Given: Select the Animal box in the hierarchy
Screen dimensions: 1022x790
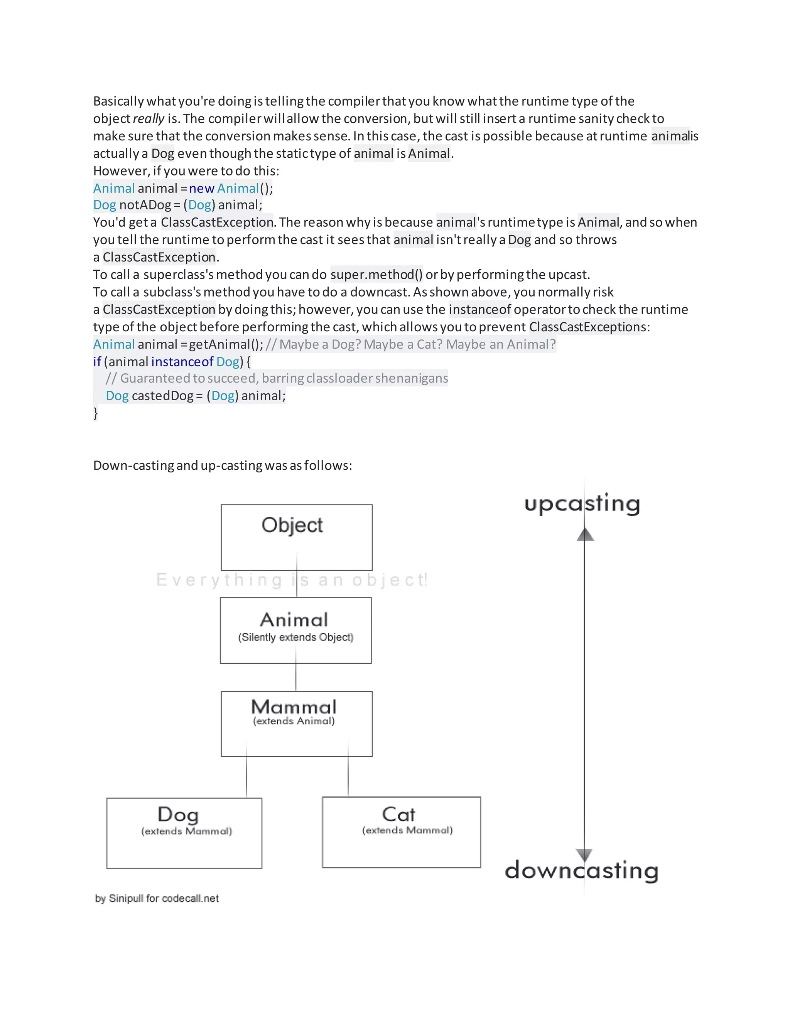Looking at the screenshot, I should (295, 630).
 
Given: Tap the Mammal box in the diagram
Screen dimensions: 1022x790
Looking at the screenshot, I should (296, 723).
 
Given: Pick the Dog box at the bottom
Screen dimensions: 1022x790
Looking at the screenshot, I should (184, 833).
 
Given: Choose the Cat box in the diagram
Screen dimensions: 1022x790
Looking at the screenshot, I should (401, 832).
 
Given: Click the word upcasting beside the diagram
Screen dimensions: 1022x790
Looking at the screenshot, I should (582, 504).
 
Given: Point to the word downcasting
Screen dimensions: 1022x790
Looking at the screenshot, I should (581, 870).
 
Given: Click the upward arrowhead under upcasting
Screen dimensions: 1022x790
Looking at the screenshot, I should (585, 535).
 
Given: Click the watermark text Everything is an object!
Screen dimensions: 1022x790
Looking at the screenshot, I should (292, 580).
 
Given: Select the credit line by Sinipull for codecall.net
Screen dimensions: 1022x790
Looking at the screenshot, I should (157, 899).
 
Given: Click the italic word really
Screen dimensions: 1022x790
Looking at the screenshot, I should (149, 119).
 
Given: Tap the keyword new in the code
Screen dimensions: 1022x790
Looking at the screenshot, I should (202, 188).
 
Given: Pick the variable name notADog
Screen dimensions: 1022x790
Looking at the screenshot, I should (145, 205).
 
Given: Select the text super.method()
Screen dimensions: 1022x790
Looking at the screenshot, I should (376, 275).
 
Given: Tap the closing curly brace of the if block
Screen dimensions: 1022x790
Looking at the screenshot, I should (96, 413).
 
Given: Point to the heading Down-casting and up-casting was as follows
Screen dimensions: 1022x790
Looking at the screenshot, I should (222, 465).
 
